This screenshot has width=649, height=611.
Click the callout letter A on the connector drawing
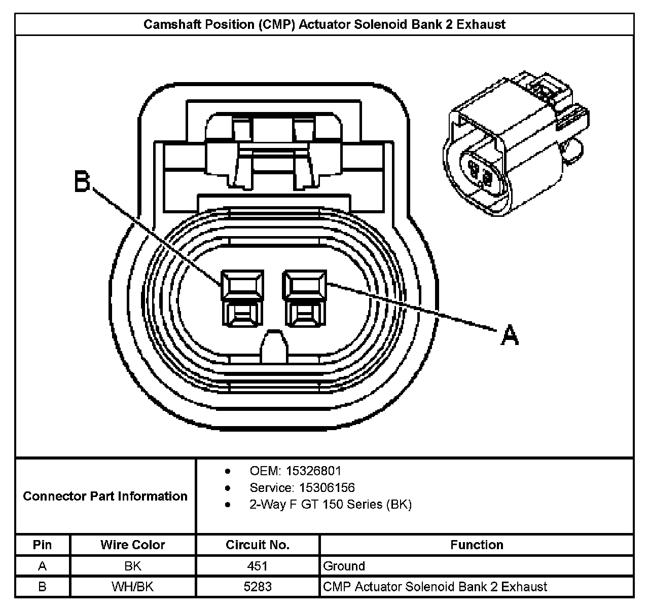pyautogui.click(x=510, y=335)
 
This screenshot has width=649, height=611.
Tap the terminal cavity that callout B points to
pyautogui.click(x=242, y=298)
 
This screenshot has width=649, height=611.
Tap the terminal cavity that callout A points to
pyautogui.click(x=305, y=298)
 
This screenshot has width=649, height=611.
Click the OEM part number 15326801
pyautogui.click(x=313, y=471)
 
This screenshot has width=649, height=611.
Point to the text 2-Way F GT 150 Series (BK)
pyautogui.click(x=331, y=504)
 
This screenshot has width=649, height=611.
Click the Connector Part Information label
pyautogui.click(x=105, y=496)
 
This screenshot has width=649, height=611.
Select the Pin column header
pyautogui.click(x=42, y=545)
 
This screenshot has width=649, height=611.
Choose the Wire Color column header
pyautogui.click(x=133, y=545)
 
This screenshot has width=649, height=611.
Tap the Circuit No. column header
pyautogui.click(x=258, y=545)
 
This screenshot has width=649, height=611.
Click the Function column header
pyautogui.click(x=477, y=545)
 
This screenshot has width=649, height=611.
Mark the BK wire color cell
pyautogui.click(x=133, y=566)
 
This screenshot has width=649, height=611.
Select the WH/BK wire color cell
pyautogui.click(x=133, y=587)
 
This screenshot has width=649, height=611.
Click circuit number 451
pyautogui.click(x=258, y=566)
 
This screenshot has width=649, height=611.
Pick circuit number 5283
pyautogui.click(x=258, y=587)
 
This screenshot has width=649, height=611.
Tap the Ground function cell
pyautogui.click(x=344, y=566)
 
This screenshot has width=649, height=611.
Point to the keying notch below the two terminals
pyautogui.click(x=274, y=347)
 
